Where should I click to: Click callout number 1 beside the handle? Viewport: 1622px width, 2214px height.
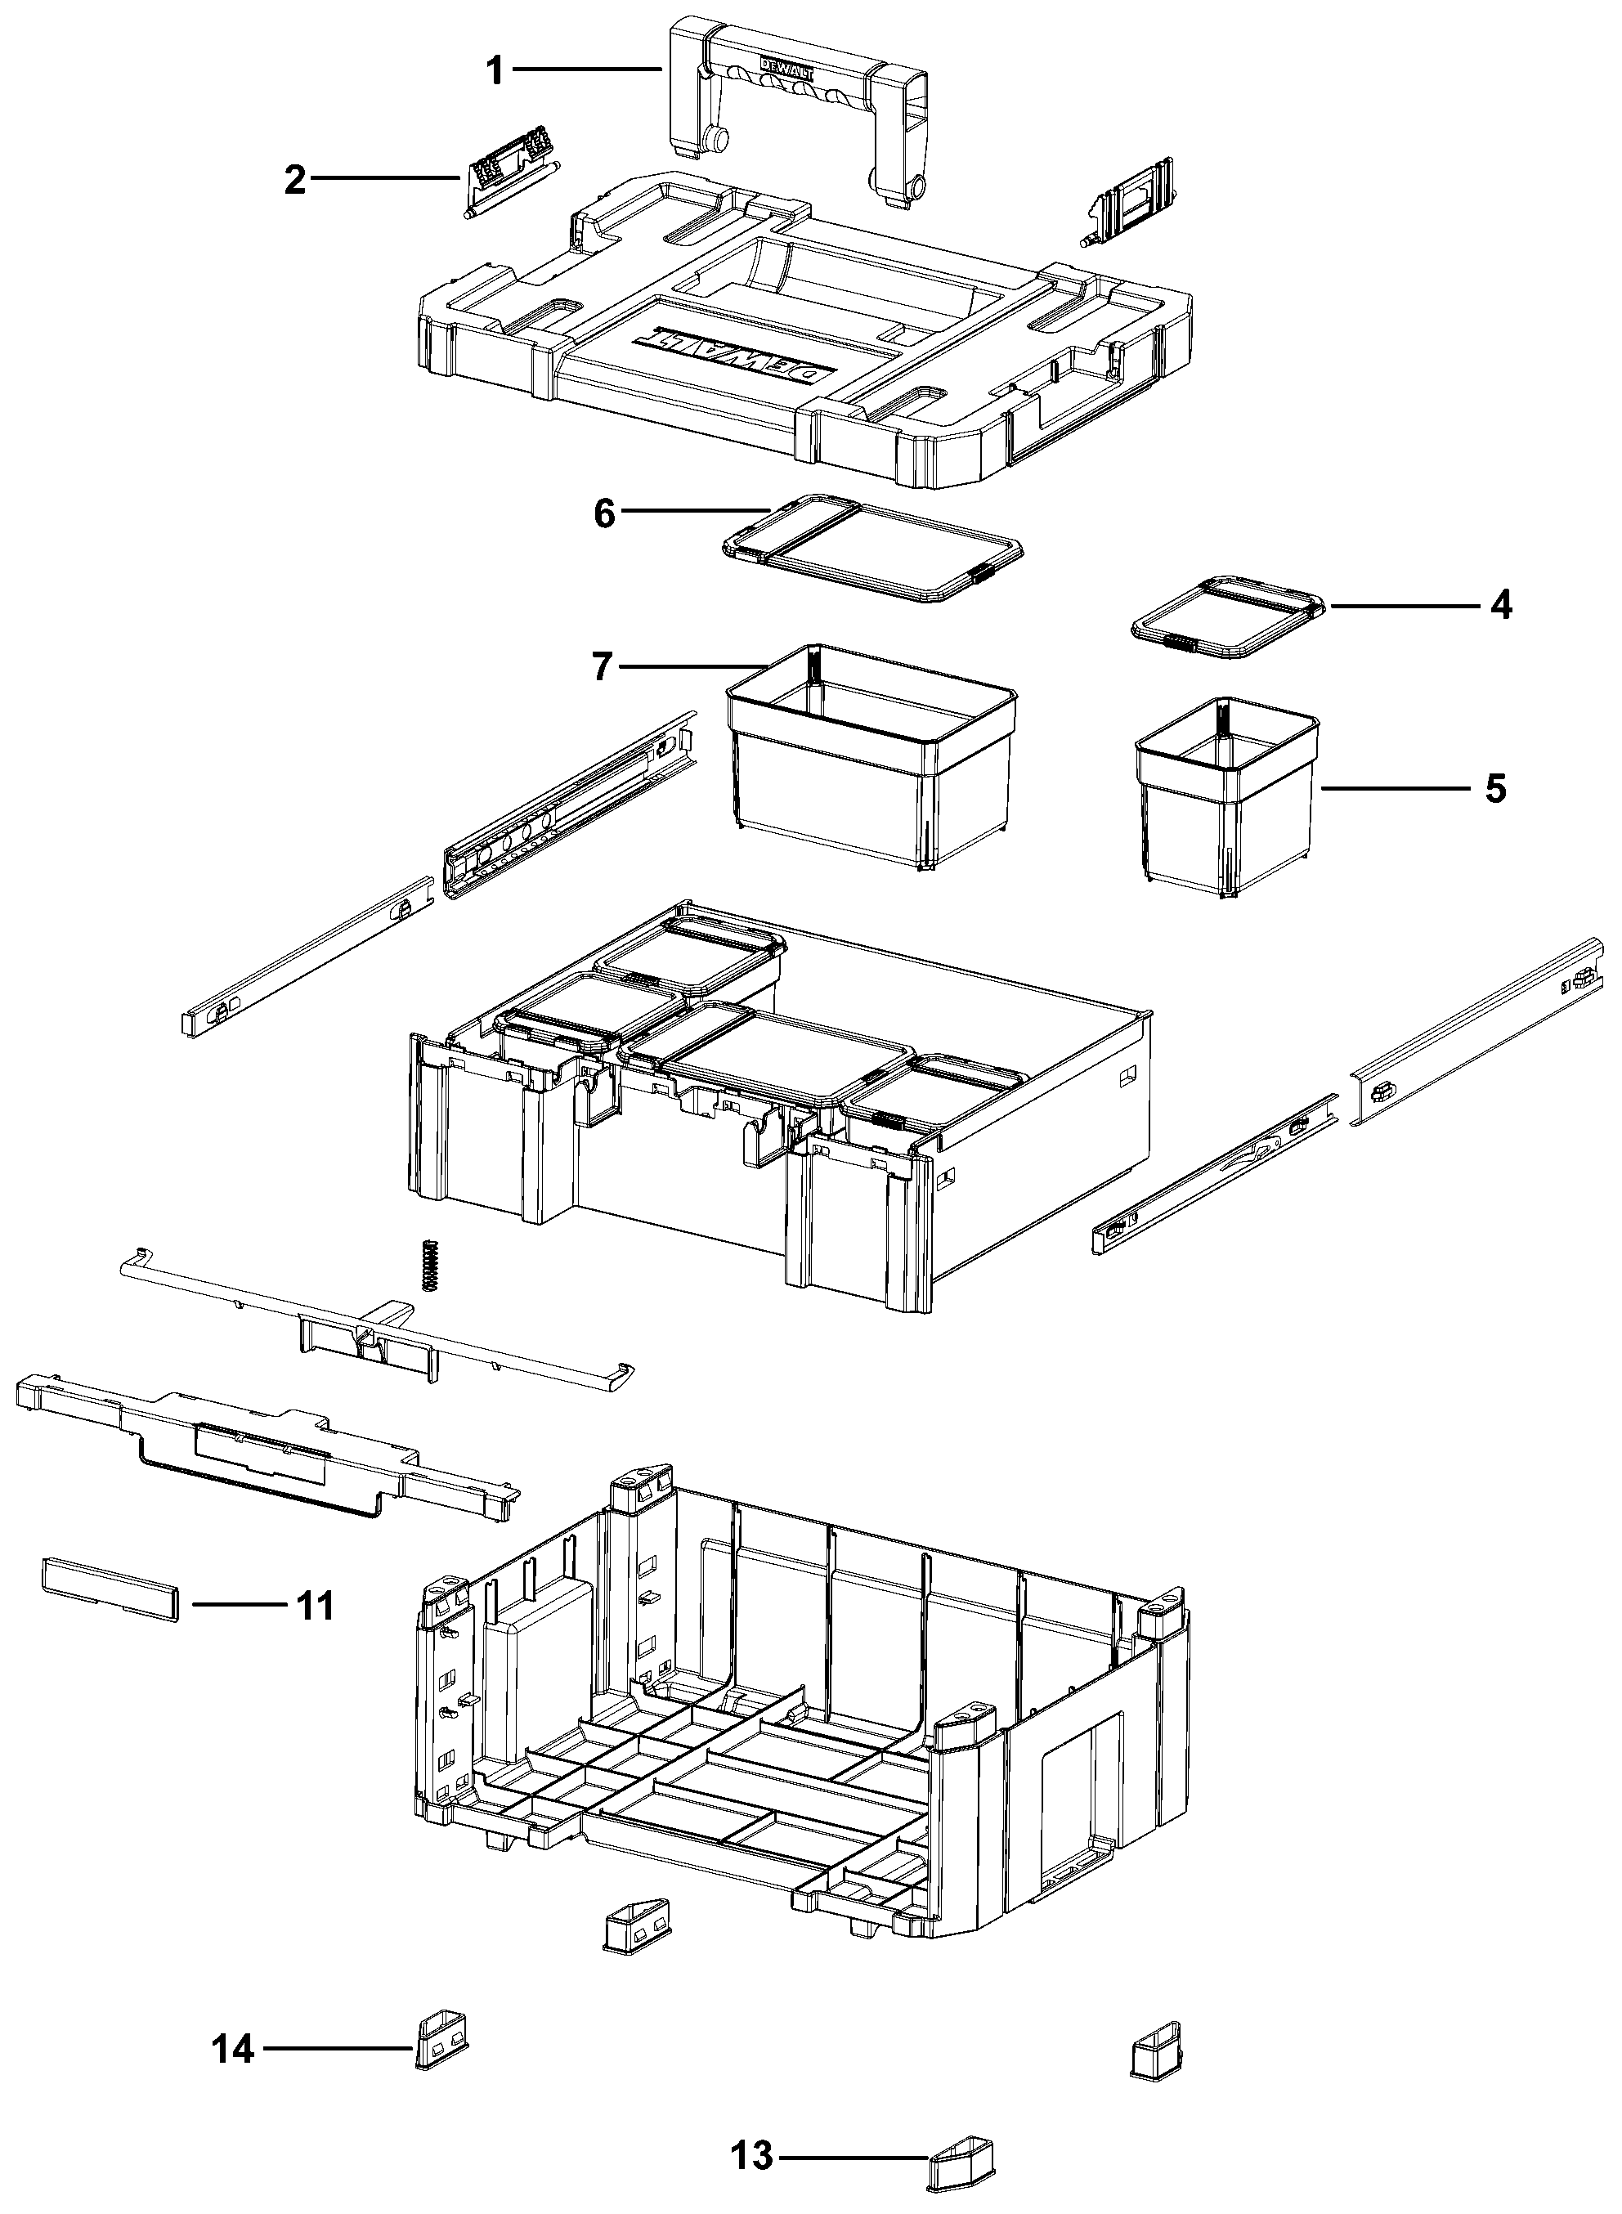point(495,69)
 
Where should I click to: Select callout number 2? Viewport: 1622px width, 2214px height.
point(294,180)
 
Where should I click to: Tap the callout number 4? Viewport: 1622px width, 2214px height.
point(1500,606)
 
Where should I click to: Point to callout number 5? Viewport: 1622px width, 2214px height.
point(1495,788)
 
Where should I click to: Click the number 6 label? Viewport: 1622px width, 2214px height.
point(605,513)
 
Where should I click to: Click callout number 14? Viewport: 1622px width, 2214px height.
point(235,2050)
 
